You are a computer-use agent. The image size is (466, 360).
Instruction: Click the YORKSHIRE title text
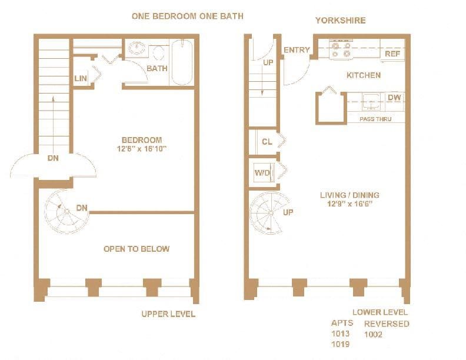click(x=340, y=21)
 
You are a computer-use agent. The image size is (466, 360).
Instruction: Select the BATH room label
click(x=157, y=68)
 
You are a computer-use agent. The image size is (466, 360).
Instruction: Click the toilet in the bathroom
click(x=157, y=53)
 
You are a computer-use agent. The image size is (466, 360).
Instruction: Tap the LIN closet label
click(x=81, y=79)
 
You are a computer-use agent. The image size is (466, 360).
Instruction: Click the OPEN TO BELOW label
click(x=137, y=249)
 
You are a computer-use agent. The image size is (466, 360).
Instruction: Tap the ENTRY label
click(x=296, y=50)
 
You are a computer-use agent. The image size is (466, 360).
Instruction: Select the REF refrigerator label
click(x=392, y=54)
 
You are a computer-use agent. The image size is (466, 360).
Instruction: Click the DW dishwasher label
click(x=394, y=98)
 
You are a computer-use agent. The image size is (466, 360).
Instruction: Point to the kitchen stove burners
click(x=341, y=49)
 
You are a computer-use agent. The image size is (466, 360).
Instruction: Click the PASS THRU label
click(x=374, y=119)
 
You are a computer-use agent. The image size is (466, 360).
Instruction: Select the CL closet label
click(x=267, y=142)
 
